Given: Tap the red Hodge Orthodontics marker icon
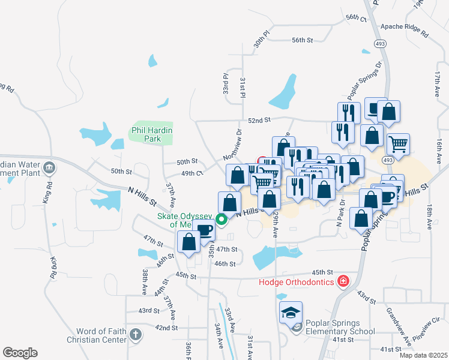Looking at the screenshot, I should tap(343, 281).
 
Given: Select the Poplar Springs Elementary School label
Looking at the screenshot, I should tap(340, 326).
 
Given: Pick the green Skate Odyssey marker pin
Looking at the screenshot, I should tap(221, 220).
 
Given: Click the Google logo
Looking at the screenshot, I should tap(20, 352).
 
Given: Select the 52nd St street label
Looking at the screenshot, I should tap(261, 121).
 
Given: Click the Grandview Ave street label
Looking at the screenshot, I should tap(398, 326).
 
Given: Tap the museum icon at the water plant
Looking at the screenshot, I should tap(48, 167).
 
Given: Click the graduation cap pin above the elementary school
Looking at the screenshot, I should tap(291, 312).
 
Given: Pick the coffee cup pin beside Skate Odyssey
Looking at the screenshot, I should tap(205, 231).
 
